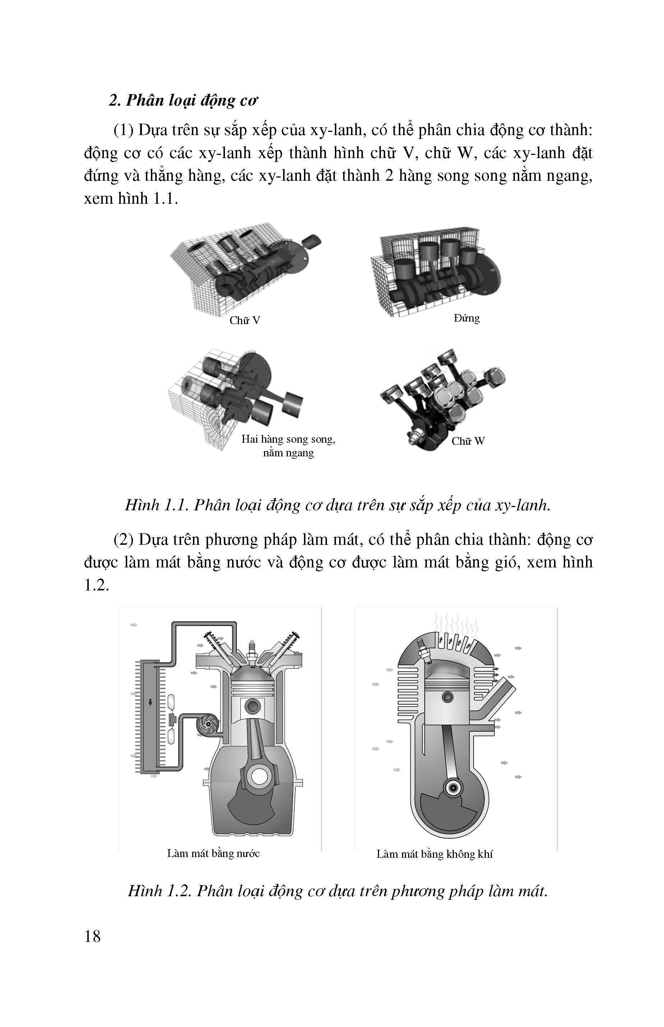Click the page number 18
click(93, 936)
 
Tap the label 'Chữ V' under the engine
click(244, 320)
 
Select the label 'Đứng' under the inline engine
click(466, 318)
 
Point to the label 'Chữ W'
click(468, 441)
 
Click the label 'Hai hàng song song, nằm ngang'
click(288, 446)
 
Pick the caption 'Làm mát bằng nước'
click(213, 853)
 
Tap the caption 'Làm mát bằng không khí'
click(434, 854)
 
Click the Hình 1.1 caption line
click(338, 505)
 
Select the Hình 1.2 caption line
click(338, 891)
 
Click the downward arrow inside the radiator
click(151, 702)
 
